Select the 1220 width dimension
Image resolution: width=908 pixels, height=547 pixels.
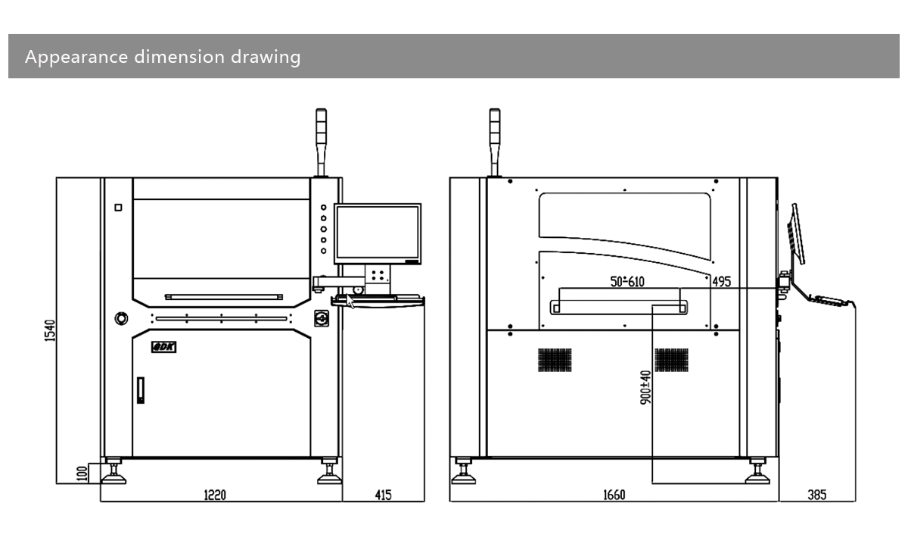(215, 495)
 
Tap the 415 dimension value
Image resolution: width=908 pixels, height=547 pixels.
(383, 495)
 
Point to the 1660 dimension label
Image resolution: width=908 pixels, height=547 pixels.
(614, 495)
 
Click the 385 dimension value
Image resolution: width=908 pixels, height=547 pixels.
(816, 495)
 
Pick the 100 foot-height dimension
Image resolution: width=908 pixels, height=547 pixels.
(82, 473)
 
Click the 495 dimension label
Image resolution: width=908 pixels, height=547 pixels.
(721, 281)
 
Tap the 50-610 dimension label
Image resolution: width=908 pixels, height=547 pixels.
(627, 281)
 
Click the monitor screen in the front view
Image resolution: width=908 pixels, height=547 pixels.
(378, 233)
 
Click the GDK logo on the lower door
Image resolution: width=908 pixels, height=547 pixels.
(163, 347)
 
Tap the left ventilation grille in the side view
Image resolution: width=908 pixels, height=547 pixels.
(555, 360)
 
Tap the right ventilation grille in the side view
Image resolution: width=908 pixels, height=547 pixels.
(671, 360)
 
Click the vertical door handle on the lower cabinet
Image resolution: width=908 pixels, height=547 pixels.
(139, 390)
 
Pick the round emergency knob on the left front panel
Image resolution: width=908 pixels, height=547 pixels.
(121, 318)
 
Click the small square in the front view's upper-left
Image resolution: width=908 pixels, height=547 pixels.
(118, 208)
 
